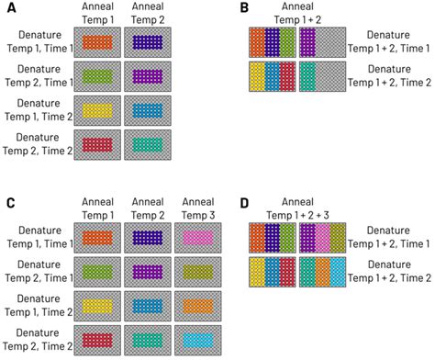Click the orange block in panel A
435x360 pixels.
(96, 42)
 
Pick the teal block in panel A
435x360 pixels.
(148, 144)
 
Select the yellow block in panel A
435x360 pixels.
(96, 110)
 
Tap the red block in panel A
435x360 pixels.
(96, 144)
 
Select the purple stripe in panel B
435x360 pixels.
(307, 42)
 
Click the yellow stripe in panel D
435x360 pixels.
(257, 273)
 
